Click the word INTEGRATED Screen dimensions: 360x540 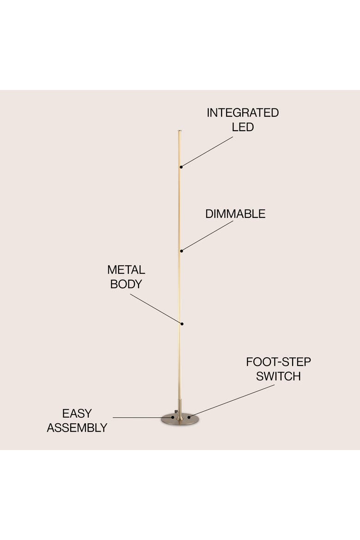point(242,113)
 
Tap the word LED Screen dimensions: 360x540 point(242,127)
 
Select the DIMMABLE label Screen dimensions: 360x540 point(235,214)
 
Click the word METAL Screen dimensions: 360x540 point(126,270)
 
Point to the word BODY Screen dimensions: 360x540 point(126,284)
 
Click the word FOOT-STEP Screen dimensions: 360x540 point(278,362)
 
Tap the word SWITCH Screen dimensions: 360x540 point(278,377)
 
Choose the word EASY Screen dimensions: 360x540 point(77,413)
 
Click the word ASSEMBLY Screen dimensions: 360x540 point(77,428)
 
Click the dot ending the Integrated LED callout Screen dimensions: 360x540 point(181,167)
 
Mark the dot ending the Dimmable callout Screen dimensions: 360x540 point(181,251)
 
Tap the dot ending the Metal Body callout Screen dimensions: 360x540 point(182,324)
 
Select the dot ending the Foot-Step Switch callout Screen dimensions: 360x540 point(189,417)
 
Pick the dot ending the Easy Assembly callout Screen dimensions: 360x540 point(173,417)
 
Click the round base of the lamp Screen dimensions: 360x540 point(180,420)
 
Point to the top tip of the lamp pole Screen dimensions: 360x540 point(180,131)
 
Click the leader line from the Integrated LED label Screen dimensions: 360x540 point(207,152)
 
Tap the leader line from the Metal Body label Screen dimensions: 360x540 point(156,309)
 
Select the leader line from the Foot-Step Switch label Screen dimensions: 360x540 point(232,401)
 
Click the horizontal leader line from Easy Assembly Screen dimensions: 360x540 point(143,418)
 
